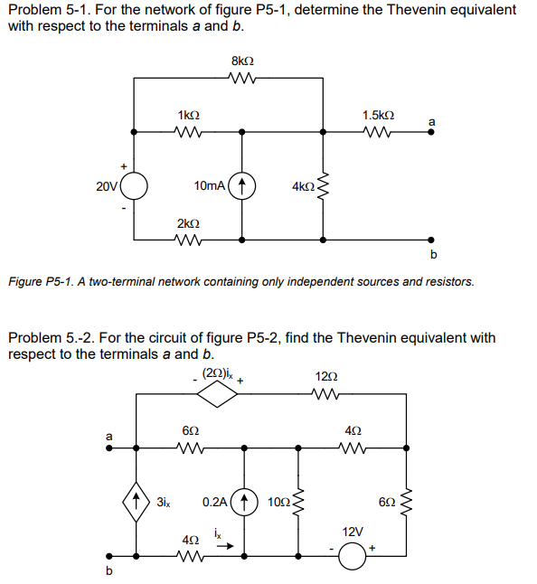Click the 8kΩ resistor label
point(242,61)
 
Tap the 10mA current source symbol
point(242,186)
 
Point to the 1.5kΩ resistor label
point(377,117)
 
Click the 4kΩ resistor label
point(303,187)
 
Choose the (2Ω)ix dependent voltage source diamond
point(217,393)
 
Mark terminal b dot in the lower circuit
point(110,555)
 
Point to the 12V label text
point(353,533)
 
